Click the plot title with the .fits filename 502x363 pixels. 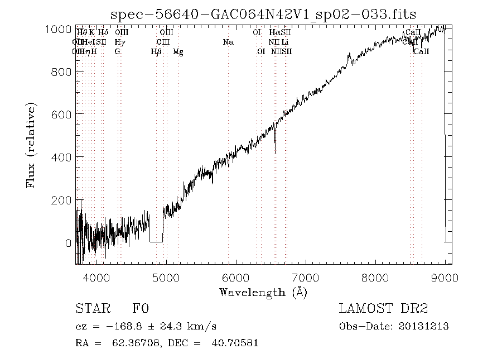(x=264, y=13)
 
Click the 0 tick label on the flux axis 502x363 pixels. (x=68, y=243)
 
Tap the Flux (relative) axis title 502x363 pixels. (x=31, y=145)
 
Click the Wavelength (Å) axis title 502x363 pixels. (x=263, y=292)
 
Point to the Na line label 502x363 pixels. (x=228, y=42)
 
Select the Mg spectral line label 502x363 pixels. (x=178, y=51)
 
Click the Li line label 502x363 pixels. (x=285, y=42)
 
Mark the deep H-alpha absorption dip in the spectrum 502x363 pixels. (x=275, y=146)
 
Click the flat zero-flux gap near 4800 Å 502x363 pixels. (x=156, y=241)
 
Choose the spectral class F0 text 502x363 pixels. (x=140, y=309)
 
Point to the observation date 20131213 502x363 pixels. (x=425, y=326)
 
